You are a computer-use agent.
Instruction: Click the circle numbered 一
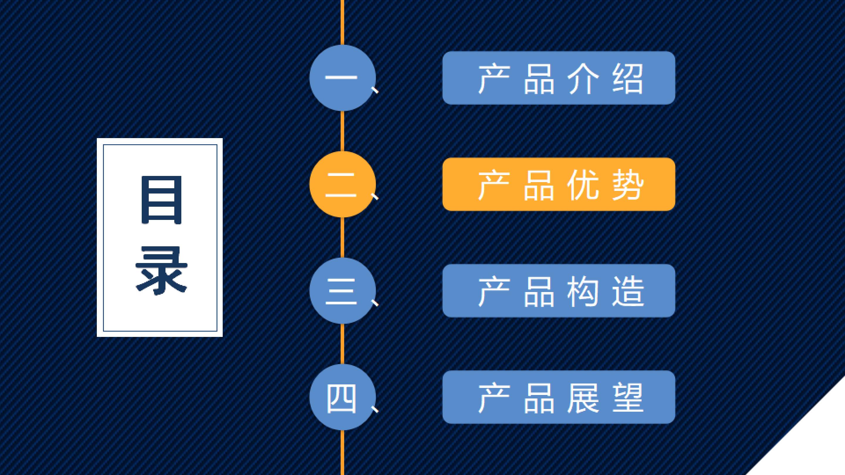pos(342,78)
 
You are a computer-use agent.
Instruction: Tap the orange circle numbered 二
pos(342,184)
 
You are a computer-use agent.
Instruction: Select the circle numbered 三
pos(342,291)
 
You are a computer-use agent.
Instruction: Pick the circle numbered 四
pos(342,397)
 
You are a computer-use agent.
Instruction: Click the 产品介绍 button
pos(559,78)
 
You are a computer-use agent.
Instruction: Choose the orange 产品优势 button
pos(559,184)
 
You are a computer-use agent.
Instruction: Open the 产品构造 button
pos(559,291)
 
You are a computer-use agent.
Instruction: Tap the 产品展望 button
pos(559,397)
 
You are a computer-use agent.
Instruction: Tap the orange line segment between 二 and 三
pos(342,237)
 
